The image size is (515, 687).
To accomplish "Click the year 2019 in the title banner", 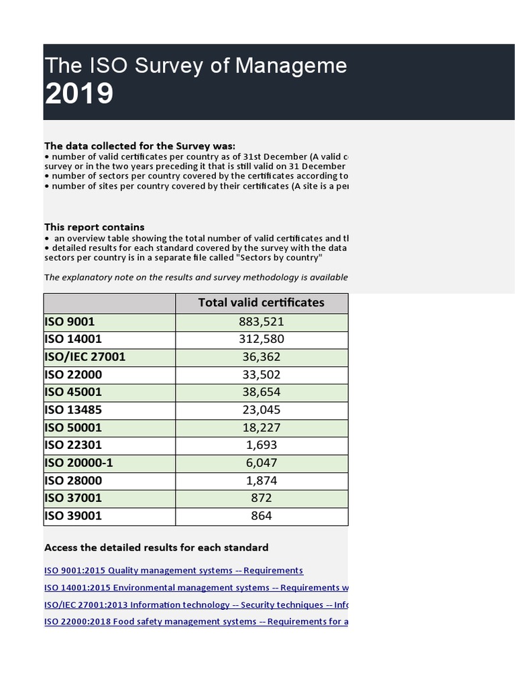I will point(78,94).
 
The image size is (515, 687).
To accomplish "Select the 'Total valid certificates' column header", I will point(261,303).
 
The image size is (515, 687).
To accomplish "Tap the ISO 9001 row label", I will point(70,322).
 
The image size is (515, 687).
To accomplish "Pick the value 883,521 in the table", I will point(261,322).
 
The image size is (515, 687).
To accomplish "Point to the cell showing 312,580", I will point(261,339).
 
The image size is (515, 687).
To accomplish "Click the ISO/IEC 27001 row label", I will point(84,357).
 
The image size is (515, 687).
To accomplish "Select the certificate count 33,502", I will point(261,374).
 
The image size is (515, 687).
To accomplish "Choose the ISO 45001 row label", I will point(73,392).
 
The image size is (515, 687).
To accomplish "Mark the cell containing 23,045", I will point(261,410).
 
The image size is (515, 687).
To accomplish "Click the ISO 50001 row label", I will point(73,427).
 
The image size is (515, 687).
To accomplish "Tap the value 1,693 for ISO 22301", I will point(261,445).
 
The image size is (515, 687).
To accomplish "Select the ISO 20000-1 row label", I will point(78,463).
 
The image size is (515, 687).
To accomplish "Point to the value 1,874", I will point(261,480).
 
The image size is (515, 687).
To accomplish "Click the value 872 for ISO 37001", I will point(261,498).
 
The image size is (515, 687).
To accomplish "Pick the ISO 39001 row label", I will point(73,516).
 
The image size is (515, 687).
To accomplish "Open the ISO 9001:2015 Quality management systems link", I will point(174,570).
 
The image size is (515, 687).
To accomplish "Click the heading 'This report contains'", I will point(94,227).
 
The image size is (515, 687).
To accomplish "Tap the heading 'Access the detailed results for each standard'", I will point(156,547).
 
